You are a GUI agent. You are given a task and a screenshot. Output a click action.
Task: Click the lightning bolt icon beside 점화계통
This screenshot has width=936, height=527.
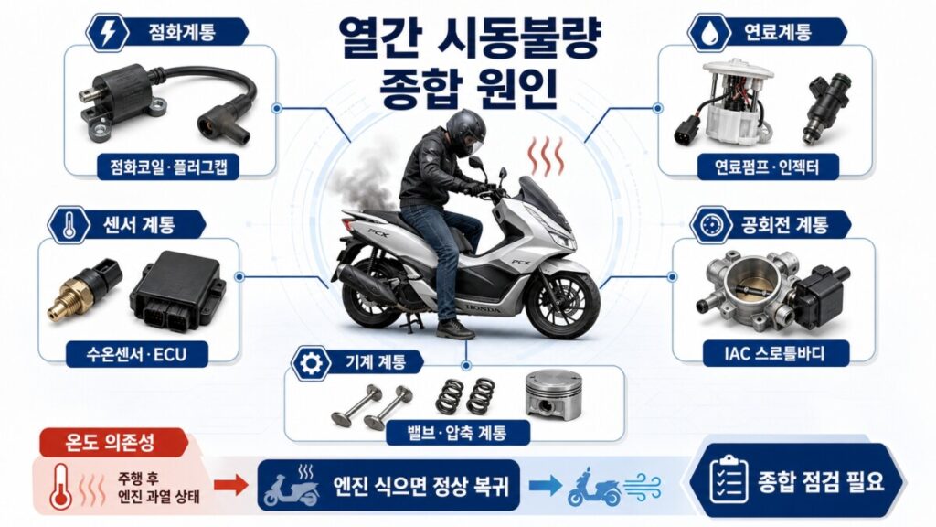coord(108,34)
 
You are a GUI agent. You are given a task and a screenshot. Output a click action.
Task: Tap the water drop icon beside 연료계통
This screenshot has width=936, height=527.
coord(709,34)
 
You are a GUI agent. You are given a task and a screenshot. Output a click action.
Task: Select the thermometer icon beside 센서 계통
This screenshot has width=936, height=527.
coord(69,226)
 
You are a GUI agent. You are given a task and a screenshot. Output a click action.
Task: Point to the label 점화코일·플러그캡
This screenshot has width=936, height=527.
coord(169,167)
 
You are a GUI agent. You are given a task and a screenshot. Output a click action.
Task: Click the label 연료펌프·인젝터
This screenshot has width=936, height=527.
coord(767,167)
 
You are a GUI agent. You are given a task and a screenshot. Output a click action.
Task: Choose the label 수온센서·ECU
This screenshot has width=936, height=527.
coord(137,354)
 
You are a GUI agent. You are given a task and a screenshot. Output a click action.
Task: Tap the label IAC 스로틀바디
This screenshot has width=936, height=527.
coord(774,353)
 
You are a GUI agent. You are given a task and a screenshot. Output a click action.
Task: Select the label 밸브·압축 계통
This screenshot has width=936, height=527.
coord(457,432)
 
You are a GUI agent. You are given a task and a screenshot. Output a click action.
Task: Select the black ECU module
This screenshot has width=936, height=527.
coord(176,290)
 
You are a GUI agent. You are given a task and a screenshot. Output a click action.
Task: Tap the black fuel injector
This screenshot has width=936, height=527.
coord(828,108)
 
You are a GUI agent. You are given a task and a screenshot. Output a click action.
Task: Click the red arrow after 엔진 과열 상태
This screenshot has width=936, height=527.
coord(230,485)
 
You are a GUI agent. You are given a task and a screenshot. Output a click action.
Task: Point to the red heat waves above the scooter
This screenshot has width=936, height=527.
coord(545,156)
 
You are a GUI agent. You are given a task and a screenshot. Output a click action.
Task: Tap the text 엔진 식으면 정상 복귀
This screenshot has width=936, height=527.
coord(422,485)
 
